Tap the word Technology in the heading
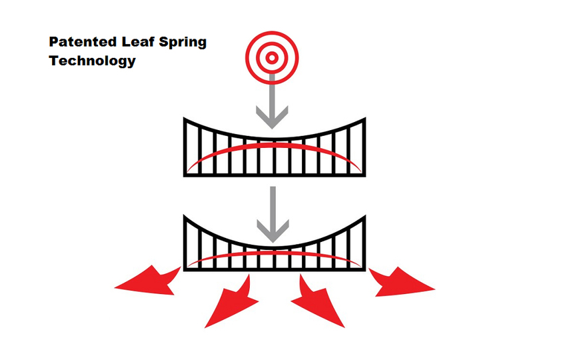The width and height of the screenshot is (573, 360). [92, 61]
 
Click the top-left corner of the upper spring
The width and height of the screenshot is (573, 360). [185, 120]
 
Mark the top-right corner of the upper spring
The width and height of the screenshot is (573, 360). [364, 120]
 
